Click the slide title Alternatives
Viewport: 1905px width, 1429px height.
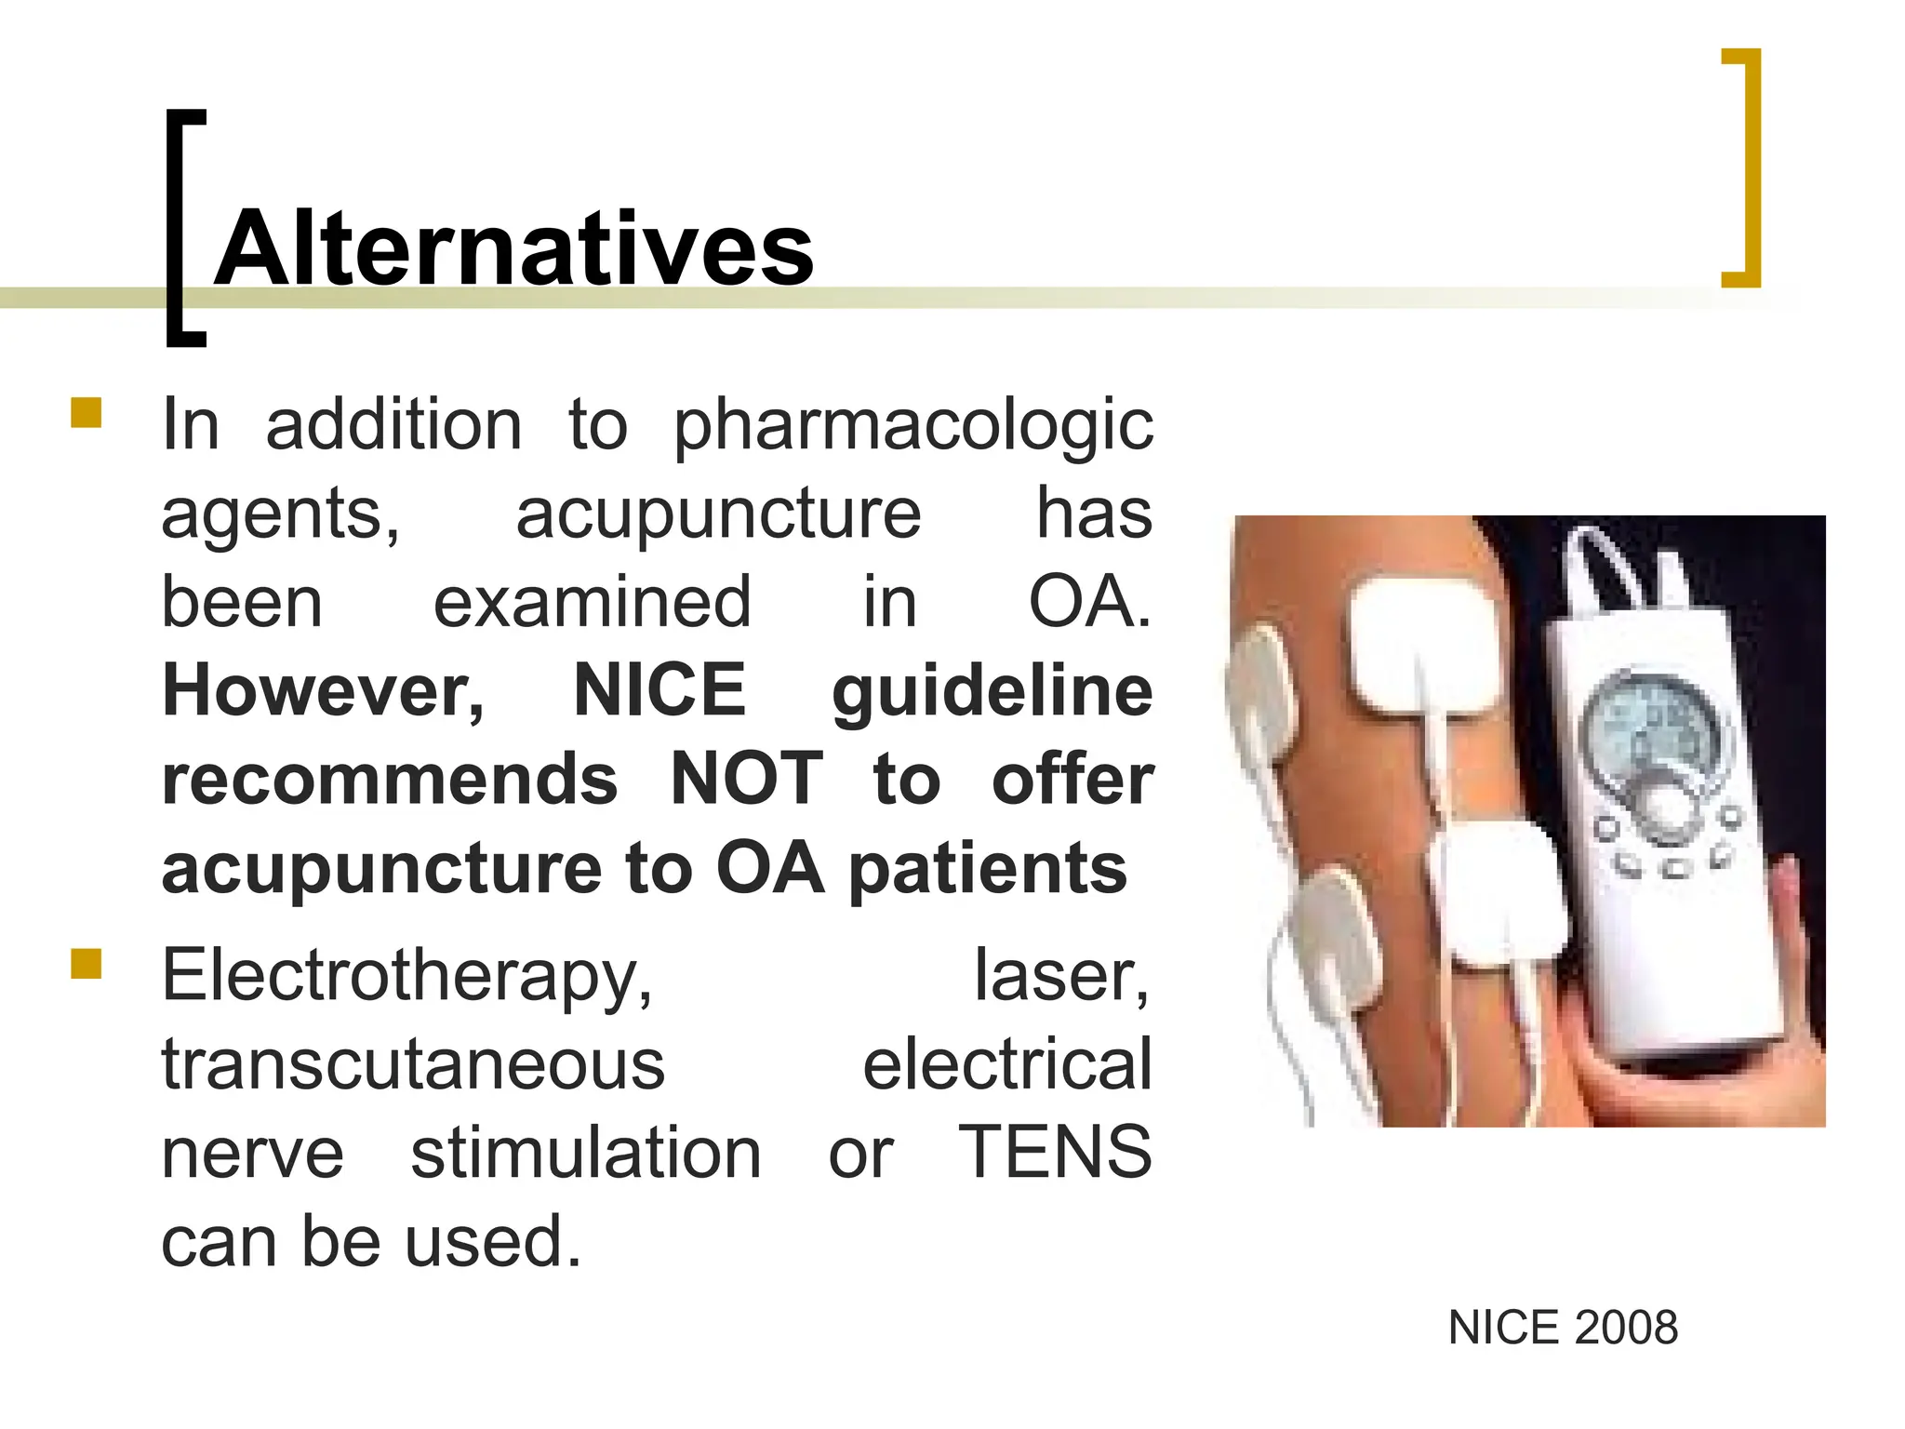coord(514,249)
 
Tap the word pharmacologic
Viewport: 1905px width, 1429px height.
coord(913,426)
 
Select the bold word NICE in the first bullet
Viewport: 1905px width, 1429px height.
coord(659,691)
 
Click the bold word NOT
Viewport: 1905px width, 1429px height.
coord(746,780)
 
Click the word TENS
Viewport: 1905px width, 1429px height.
coord(1055,1153)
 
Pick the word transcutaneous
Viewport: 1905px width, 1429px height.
coord(413,1065)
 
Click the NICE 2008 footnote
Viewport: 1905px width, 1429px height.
coord(1563,1328)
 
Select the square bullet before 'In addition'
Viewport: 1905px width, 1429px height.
coord(86,412)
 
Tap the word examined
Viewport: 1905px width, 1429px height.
coord(592,603)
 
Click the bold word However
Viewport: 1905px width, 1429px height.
coord(323,691)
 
